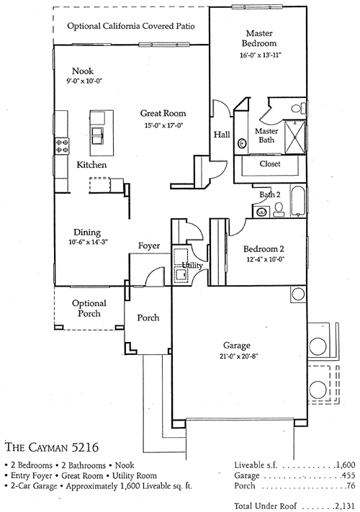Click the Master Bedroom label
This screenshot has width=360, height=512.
[259, 38]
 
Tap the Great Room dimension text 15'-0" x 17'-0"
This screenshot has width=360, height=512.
[163, 125]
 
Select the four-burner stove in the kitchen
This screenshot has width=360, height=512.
[62, 145]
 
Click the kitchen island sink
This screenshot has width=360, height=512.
[98, 136]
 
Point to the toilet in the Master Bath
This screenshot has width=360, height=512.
[299, 108]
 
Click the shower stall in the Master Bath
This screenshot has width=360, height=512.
[295, 137]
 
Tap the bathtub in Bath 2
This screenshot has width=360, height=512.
[298, 201]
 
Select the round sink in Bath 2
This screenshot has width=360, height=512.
[261, 212]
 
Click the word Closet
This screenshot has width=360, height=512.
[270, 163]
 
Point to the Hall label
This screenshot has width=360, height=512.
[222, 134]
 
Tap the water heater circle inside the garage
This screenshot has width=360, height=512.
[298, 295]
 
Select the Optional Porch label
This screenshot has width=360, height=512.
[89, 308]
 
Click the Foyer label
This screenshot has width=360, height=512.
[149, 246]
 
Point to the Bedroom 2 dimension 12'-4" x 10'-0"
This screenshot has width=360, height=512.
[264, 259]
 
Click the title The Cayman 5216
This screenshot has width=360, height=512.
[52, 446]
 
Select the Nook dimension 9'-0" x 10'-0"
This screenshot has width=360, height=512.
[85, 81]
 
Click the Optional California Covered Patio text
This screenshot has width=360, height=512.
[131, 26]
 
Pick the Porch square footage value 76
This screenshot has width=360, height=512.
[351, 486]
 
